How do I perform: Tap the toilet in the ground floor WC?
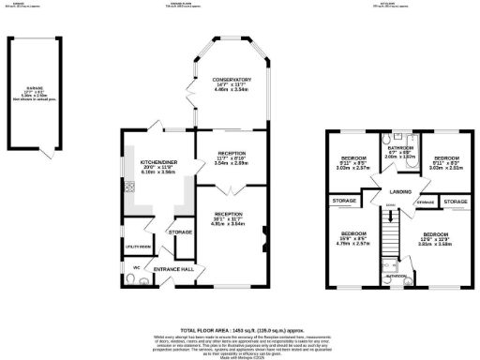click(131, 277)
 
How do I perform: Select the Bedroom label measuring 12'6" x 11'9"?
click(435, 236)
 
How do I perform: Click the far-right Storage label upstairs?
click(456, 202)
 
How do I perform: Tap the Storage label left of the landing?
click(343, 200)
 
